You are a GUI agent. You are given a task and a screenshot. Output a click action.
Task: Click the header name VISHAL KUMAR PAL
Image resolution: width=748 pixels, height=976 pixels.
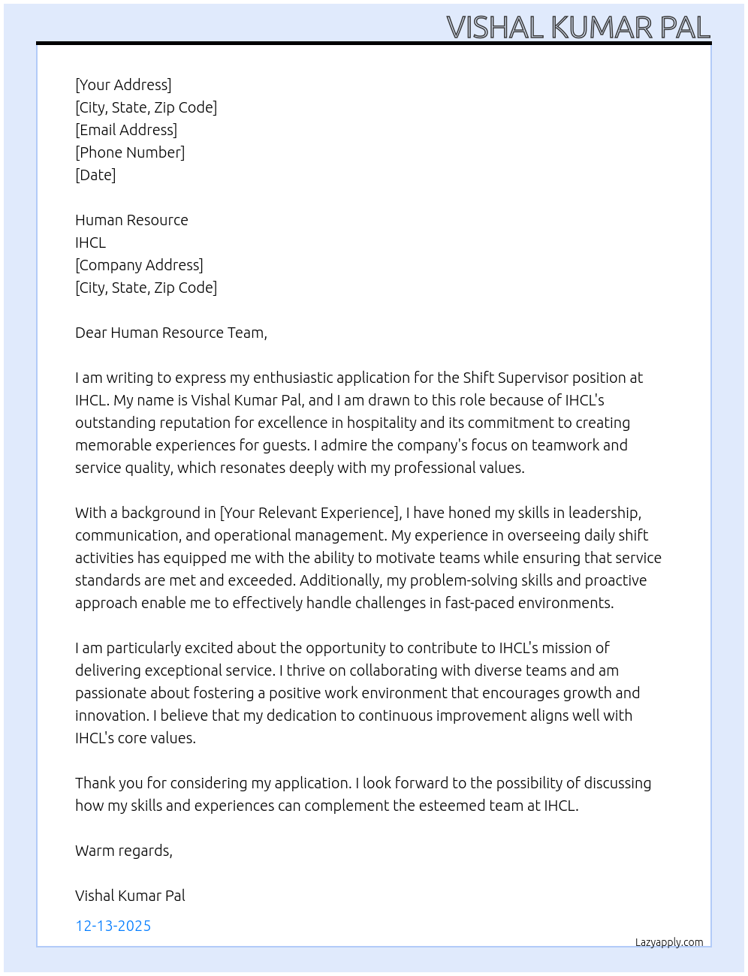(578, 28)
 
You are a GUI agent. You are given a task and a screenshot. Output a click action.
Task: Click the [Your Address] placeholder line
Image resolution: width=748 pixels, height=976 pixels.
(123, 85)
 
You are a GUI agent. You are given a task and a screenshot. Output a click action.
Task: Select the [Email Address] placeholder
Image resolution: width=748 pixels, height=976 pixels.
(126, 130)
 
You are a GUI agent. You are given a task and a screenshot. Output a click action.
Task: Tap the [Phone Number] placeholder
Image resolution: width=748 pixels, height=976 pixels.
(130, 152)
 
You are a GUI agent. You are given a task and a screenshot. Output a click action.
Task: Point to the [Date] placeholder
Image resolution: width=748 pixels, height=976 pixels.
(95, 175)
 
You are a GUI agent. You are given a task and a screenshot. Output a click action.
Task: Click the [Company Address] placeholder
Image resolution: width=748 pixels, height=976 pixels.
(139, 265)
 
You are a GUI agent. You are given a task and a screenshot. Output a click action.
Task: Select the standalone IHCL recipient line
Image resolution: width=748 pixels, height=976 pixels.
(90, 242)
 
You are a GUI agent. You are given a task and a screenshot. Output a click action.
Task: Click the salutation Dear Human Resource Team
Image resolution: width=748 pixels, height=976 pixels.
(170, 333)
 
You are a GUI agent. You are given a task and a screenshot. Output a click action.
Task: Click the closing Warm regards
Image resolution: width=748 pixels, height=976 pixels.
(123, 851)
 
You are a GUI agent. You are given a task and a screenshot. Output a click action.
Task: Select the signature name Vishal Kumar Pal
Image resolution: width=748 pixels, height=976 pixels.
(130, 896)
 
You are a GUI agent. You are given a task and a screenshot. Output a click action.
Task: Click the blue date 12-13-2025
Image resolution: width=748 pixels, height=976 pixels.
(113, 926)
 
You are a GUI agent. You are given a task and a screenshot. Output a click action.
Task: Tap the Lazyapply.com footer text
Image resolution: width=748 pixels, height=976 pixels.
(669, 942)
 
